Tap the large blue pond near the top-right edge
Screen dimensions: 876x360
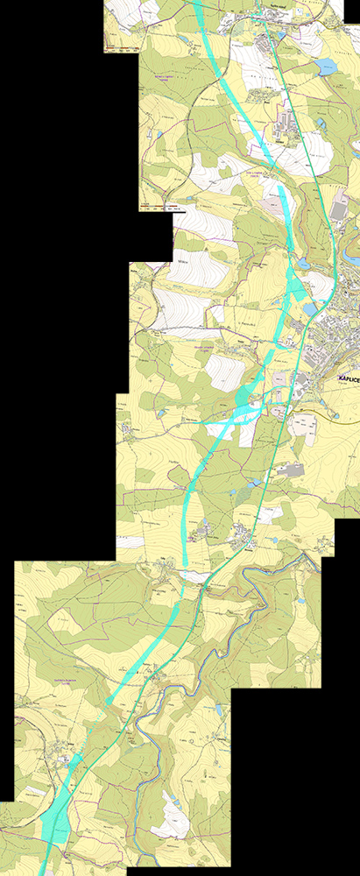[x=326, y=67]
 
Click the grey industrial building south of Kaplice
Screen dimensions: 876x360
[x=288, y=471]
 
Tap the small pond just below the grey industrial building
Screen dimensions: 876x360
[x=255, y=483]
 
